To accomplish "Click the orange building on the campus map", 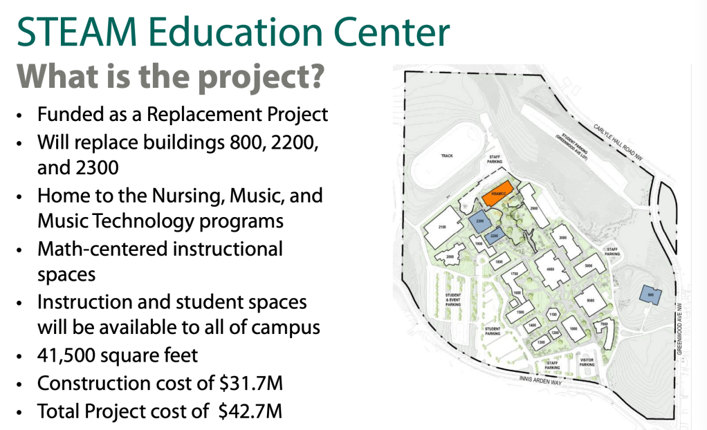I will [497, 193].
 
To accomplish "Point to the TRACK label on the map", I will [446, 156].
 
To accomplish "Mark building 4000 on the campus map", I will [551, 270].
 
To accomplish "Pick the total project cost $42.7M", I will [250, 411].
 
